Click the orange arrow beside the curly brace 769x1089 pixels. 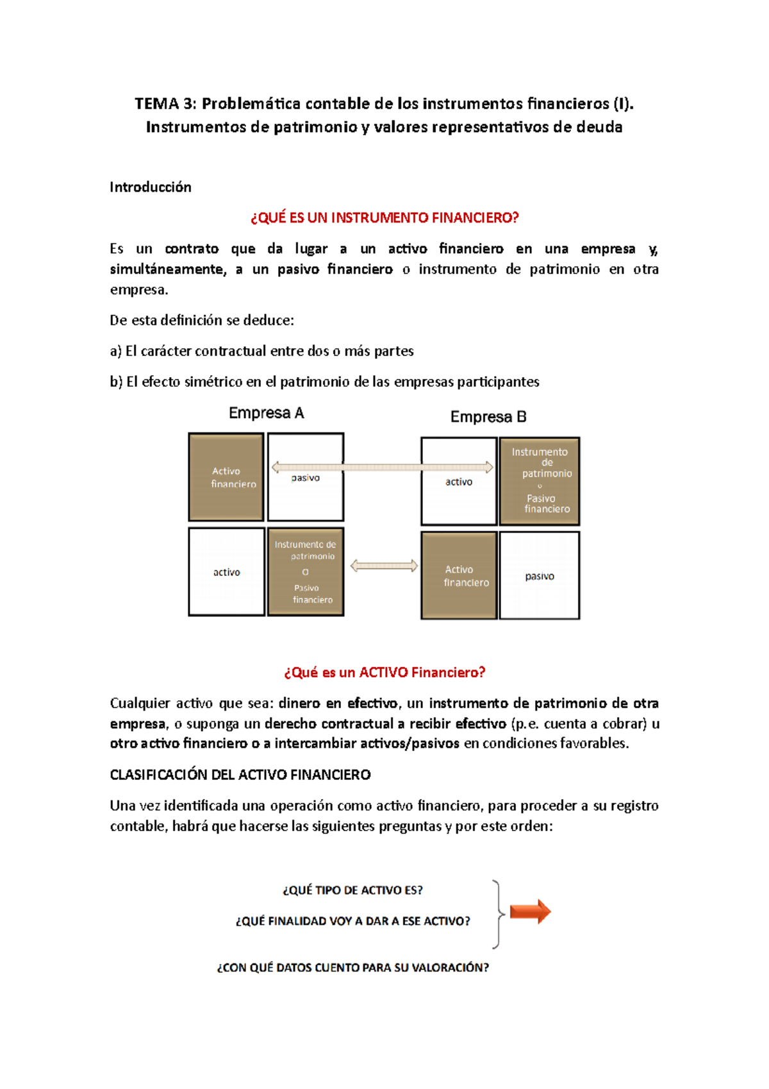click(530, 911)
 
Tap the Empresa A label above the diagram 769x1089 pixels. click(266, 413)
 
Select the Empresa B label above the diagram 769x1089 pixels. click(488, 417)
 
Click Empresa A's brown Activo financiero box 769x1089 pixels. click(226, 477)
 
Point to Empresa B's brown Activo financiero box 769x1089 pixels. click(459, 575)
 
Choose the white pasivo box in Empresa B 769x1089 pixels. click(540, 575)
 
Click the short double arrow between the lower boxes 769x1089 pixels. click(384, 566)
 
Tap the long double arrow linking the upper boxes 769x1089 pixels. click(383, 467)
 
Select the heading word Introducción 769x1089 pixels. click(151, 187)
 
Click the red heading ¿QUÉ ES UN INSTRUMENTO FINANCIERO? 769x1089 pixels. click(384, 218)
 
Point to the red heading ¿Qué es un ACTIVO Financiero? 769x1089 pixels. click(384, 672)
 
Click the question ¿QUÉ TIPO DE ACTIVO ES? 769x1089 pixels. click(352, 890)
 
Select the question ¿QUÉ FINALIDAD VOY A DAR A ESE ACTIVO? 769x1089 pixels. click(352, 921)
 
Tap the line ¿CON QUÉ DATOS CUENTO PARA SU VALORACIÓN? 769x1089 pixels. click(352, 967)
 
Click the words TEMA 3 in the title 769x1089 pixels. click(165, 104)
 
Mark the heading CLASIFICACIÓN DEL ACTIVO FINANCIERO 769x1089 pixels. click(240, 775)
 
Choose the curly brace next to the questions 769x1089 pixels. click(497, 914)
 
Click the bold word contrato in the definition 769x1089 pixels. click(192, 249)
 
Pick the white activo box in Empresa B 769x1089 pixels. click(459, 482)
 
